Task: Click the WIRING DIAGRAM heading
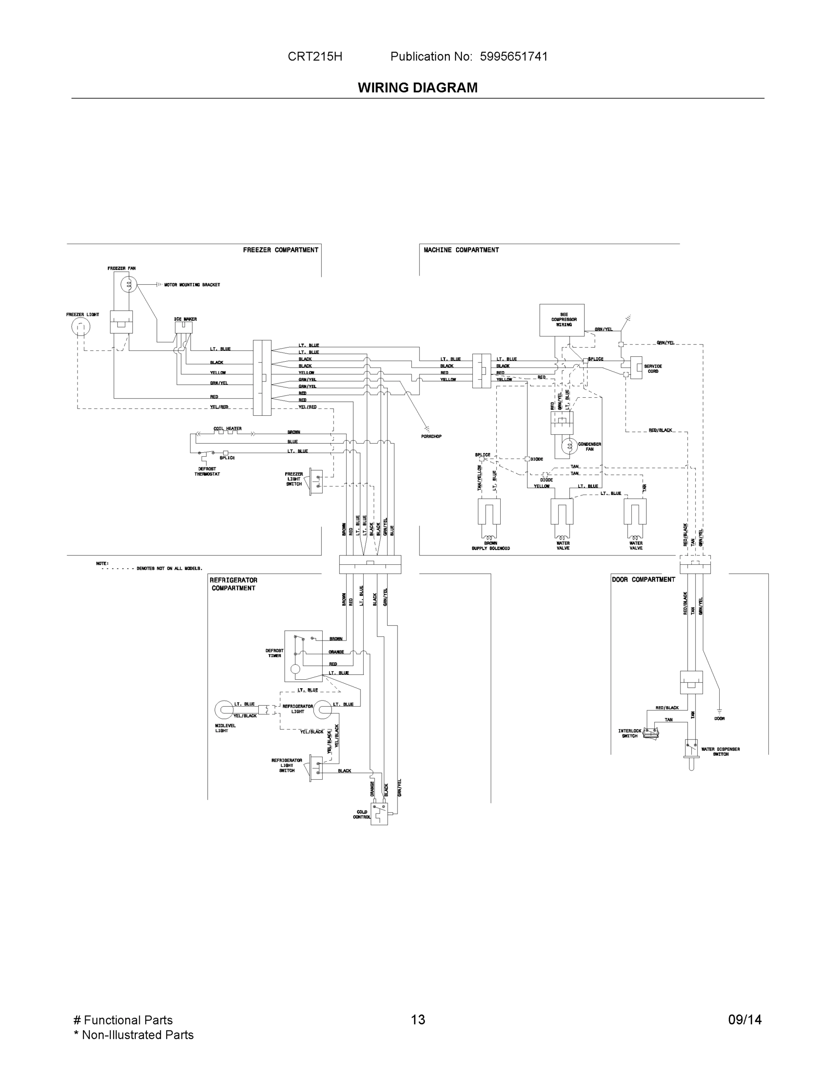pos(417,88)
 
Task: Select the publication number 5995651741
pos(514,56)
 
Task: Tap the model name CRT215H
pos(315,56)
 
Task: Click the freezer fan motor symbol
pos(129,285)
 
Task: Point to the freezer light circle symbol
pos(81,327)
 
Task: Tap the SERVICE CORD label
pos(653,369)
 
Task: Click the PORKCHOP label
pos(431,436)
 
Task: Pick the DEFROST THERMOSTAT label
pos(207,471)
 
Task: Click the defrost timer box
pos(303,656)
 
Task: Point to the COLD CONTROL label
pos(361,814)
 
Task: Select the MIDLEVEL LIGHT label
pos(225,728)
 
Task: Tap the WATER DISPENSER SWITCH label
pos(721,751)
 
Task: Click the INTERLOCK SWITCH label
pos(630,733)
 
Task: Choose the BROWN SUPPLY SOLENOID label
pos(490,546)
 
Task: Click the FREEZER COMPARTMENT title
pos(280,250)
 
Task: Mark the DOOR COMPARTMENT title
pos(644,580)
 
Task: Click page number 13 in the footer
pos(417,1020)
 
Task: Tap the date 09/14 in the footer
pos(745,1020)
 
